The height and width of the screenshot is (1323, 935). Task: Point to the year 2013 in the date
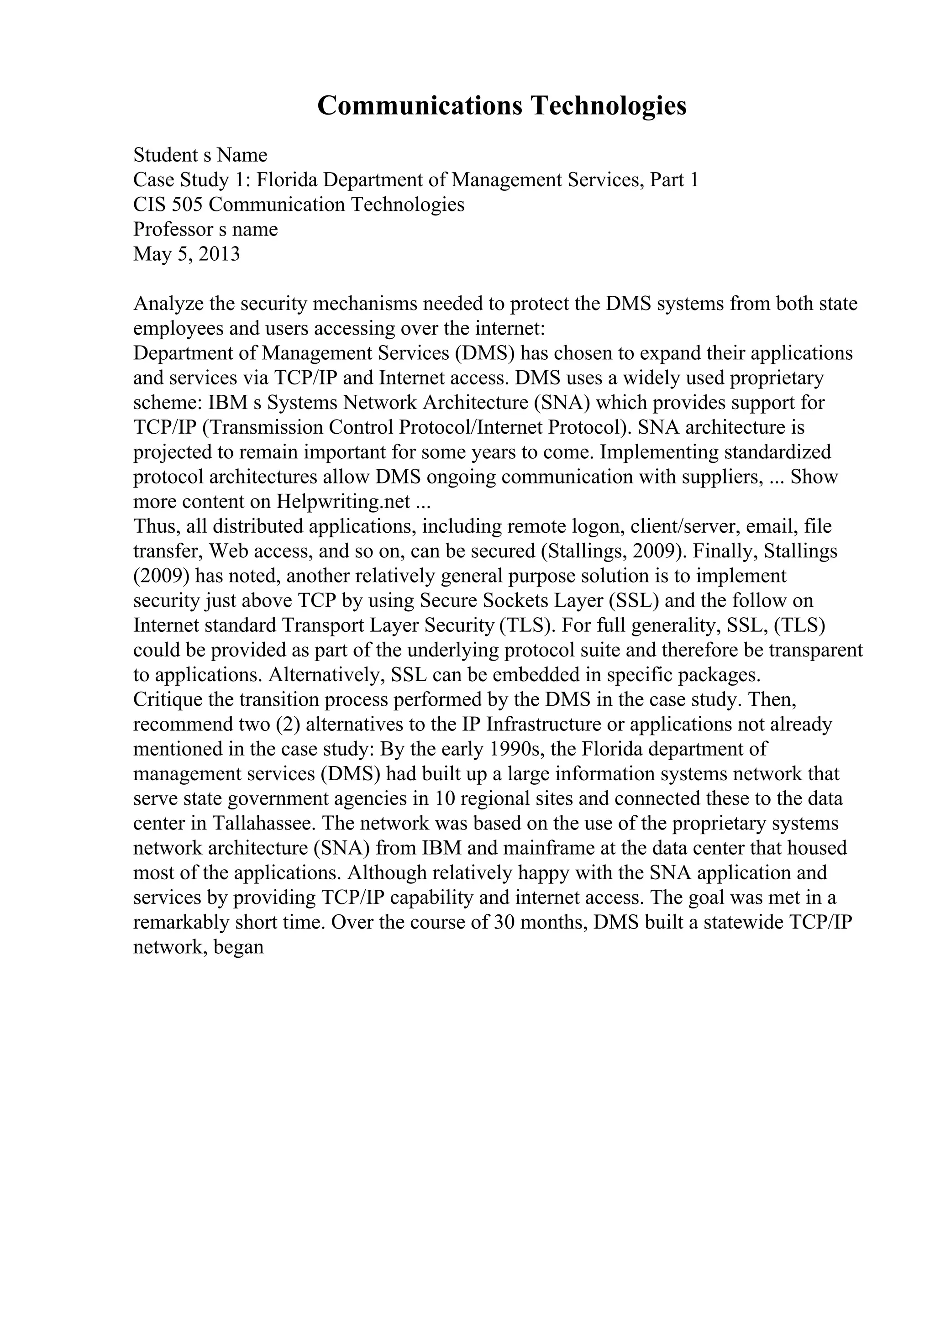click(x=219, y=254)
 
